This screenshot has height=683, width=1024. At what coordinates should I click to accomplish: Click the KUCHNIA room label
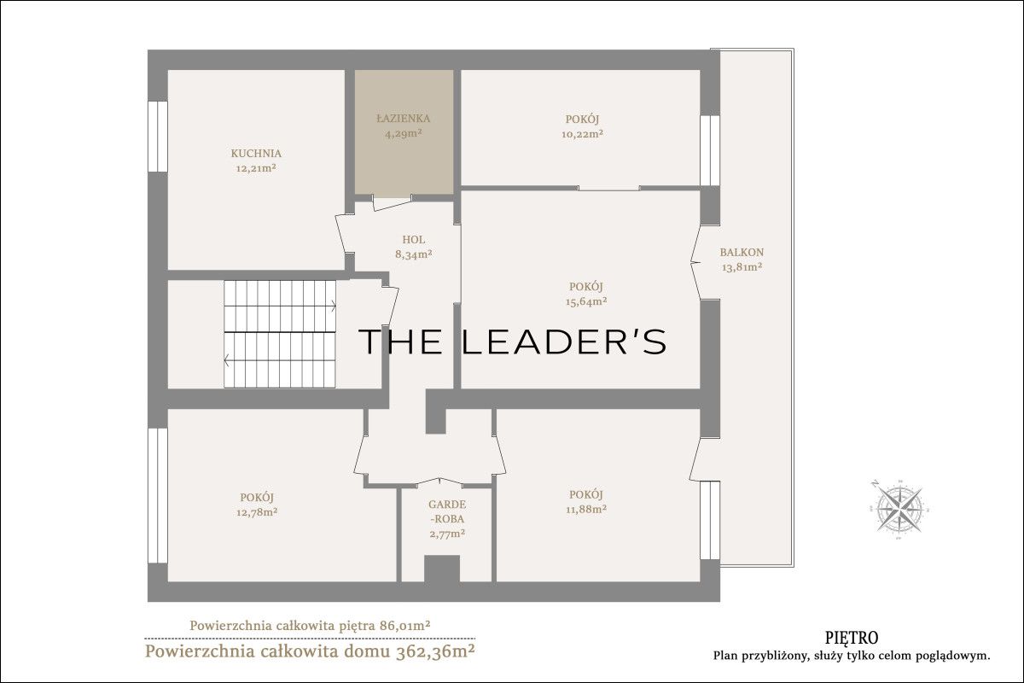click(x=256, y=154)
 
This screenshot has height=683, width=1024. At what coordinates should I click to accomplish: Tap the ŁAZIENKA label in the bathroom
click(x=403, y=119)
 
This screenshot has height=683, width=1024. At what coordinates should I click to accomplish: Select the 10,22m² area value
click(x=582, y=134)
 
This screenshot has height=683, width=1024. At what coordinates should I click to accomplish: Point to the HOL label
click(x=414, y=239)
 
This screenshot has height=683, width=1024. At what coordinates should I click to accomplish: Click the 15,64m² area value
click(x=586, y=301)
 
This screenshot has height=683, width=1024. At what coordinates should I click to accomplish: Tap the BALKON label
click(x=742, y=252)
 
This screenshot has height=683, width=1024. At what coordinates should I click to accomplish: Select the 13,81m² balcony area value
click(x=742, y=267)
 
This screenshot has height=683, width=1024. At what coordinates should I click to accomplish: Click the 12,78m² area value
click(x=257, y=512)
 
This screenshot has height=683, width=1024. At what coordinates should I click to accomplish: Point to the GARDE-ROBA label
click(x=447, y=511)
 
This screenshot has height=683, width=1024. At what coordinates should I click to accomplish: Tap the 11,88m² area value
click(x=586, y=509)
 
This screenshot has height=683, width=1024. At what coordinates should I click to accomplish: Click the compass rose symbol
click(x=899, y=509)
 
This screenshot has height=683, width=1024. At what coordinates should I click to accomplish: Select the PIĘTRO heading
click(x=852, y=637)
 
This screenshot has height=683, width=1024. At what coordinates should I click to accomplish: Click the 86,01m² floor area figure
click(x=405, y=625)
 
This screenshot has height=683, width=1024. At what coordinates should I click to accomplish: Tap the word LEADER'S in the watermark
click(x=564, y=341)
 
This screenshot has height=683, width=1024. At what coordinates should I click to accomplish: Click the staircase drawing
click(x=280, y=334)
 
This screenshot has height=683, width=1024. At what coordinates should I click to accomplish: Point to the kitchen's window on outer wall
click(x=158, y=137)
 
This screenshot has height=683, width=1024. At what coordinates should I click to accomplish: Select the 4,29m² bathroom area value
click(x=403, y=133)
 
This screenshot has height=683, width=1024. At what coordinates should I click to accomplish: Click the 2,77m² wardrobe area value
click(x=447, y=534)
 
